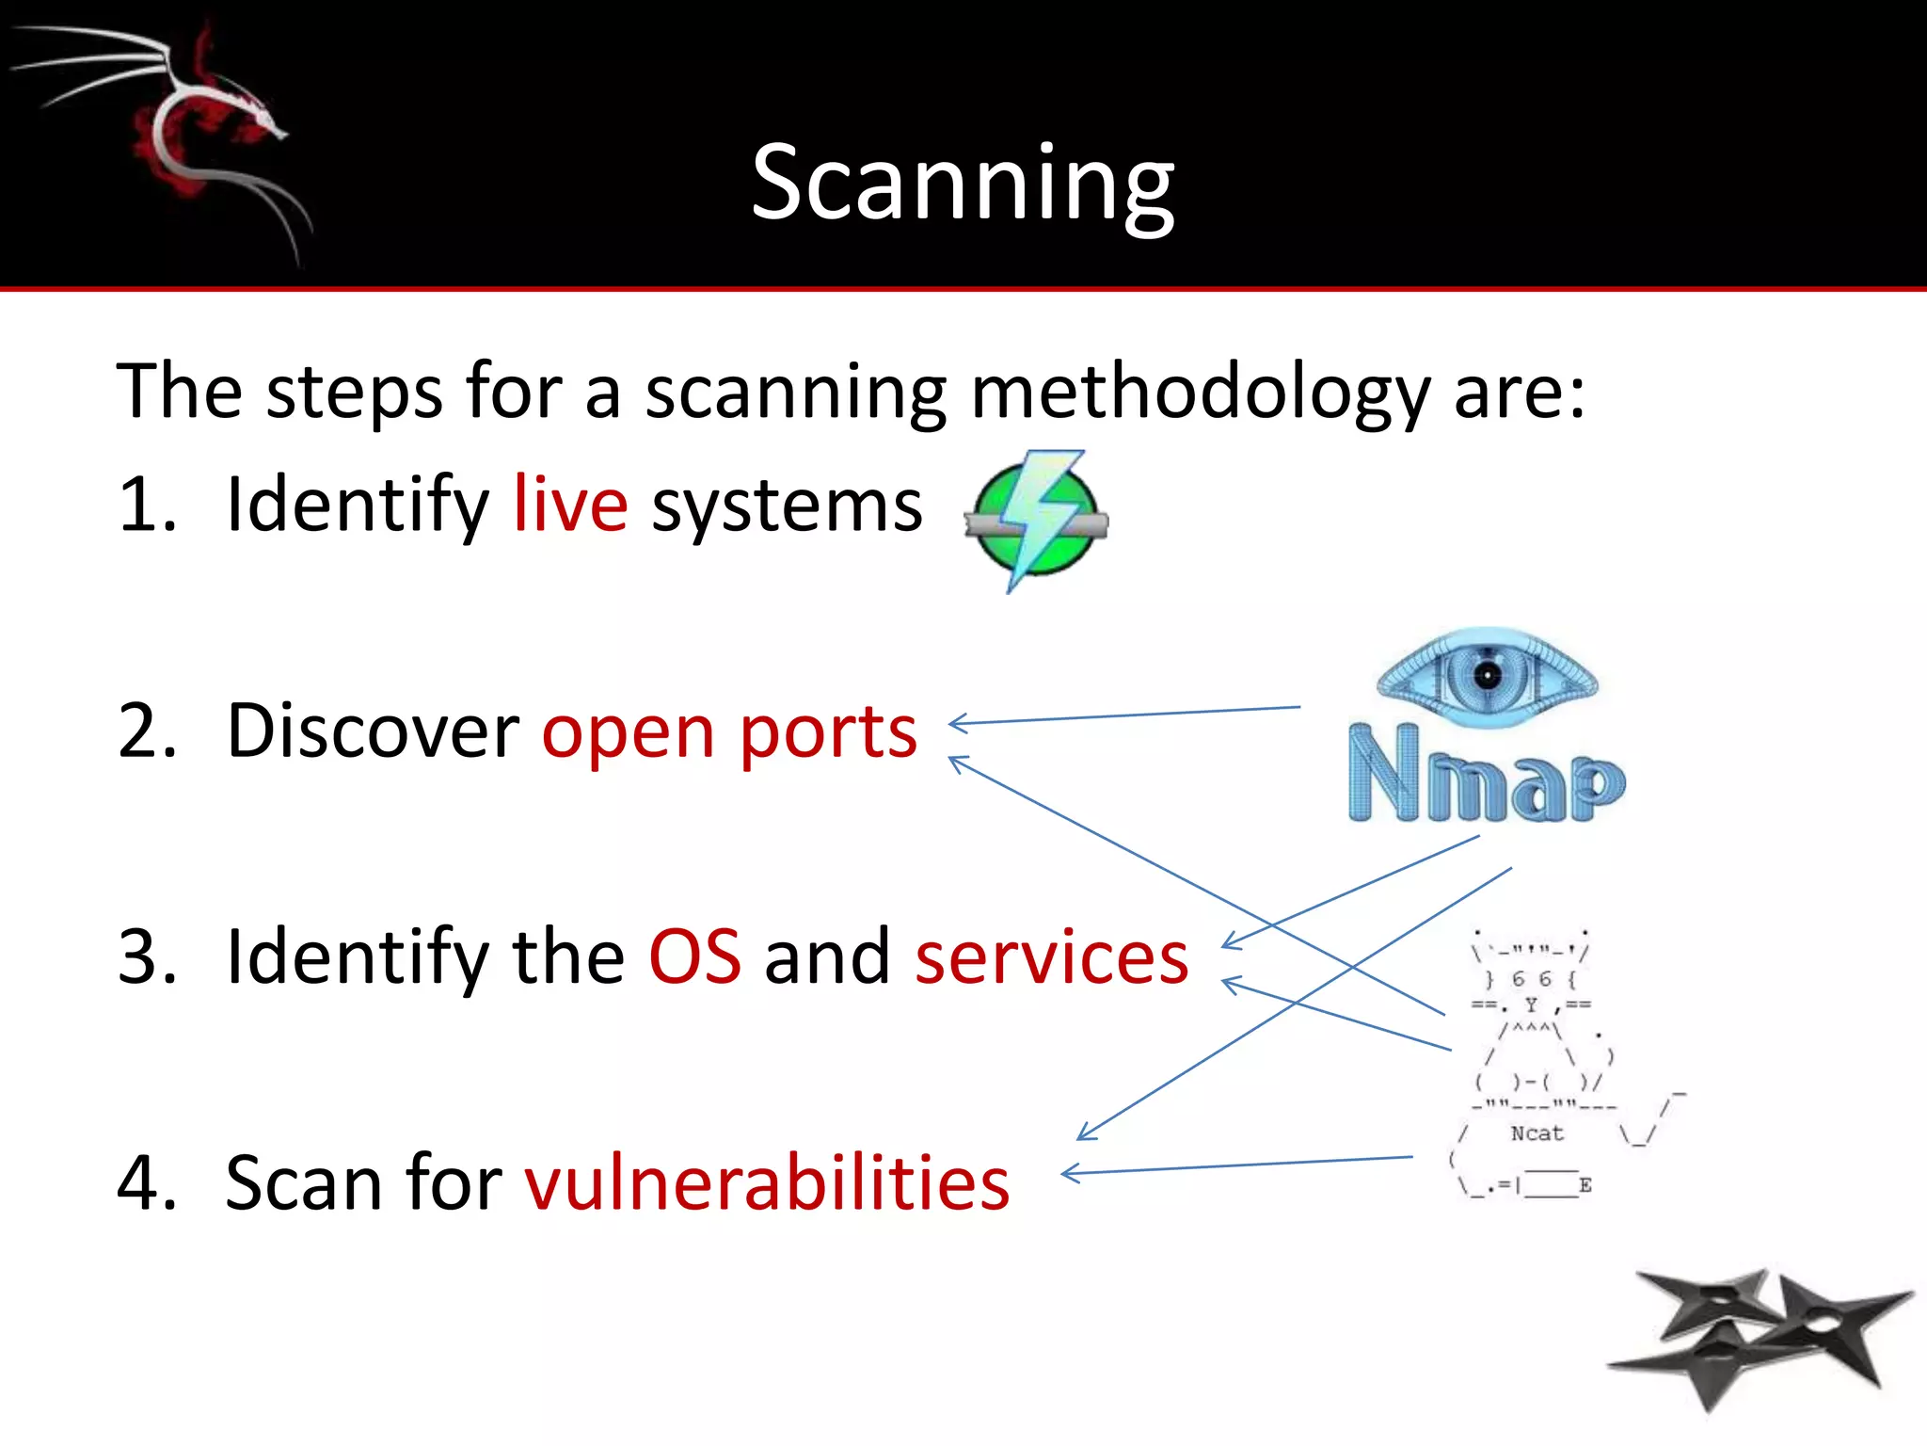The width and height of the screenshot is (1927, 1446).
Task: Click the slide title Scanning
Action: (x=963, y=184)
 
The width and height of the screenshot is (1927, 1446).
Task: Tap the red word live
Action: (x=570, y=505)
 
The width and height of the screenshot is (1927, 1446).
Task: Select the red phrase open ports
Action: (x=729, y=731)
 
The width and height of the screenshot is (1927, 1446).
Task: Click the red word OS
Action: (x=694, y=956)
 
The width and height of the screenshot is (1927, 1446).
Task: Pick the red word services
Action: (x=1051, y=956)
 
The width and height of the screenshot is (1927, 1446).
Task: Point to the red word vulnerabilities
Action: (x=767, y=1182)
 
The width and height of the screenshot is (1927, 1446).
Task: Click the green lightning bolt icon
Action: (x=1035, y=520)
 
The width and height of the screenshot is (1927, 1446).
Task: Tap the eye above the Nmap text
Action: (x=1487, y=677)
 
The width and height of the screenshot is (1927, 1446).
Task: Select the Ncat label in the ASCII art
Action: (x=1537, y=1133)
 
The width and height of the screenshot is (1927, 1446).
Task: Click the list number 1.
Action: (x=146, y=505)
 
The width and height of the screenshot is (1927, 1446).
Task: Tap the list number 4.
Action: (x=146, y=1182)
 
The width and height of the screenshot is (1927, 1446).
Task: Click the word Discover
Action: (x=373, y=731)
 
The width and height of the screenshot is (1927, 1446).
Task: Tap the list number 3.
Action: (x=146, y=956)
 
